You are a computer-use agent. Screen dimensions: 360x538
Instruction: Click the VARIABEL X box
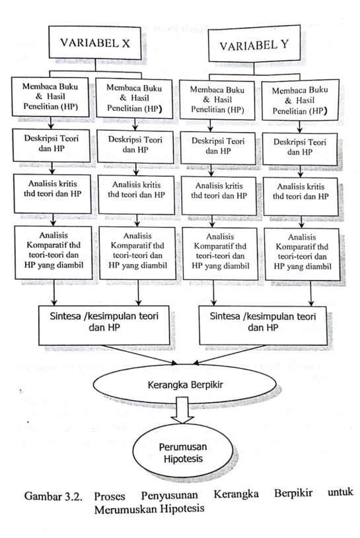pos(94,42)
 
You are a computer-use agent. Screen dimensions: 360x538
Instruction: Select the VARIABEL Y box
pos(254,45)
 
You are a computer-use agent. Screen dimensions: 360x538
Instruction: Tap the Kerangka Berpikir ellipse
pos(185,384)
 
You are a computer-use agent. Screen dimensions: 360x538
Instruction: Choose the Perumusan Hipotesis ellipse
pos(183,453)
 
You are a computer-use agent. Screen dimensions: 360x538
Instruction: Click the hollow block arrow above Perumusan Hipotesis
pos(182,410)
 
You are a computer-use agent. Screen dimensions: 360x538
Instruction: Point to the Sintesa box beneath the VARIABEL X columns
pos(104,325)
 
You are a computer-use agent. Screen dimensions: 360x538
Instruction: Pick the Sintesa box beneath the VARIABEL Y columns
pos(263,325)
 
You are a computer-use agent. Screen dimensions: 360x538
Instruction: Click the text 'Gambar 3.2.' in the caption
pos(54,496)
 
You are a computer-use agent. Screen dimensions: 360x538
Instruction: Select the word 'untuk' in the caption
pos(340,492)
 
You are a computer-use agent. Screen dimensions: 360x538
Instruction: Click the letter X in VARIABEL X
pos(126,43)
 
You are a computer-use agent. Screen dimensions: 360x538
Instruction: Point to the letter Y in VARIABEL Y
pos(284,44)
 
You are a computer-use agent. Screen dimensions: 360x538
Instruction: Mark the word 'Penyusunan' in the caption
pos(170,495)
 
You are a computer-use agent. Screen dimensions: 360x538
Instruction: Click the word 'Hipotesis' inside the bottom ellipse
pos(183,459)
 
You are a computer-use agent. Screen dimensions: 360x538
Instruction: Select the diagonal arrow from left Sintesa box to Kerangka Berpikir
pos(140,354)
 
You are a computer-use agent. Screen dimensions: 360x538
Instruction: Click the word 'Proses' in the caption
pos(110,496)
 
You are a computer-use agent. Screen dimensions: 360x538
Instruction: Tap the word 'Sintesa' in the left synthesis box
pos(65,316)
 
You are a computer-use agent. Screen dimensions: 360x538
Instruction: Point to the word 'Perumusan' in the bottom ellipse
pos(183,447)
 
